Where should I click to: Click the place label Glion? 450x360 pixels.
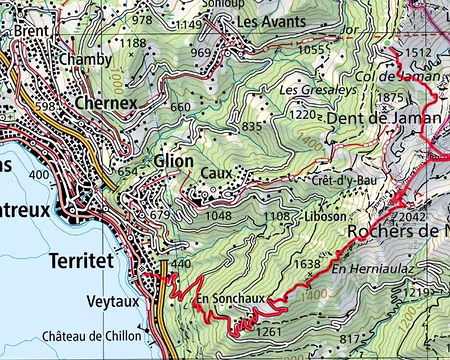tap(175, 161)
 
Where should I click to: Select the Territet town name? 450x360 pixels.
tap(89, 260)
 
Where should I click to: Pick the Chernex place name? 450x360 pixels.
tap(106, 102)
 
